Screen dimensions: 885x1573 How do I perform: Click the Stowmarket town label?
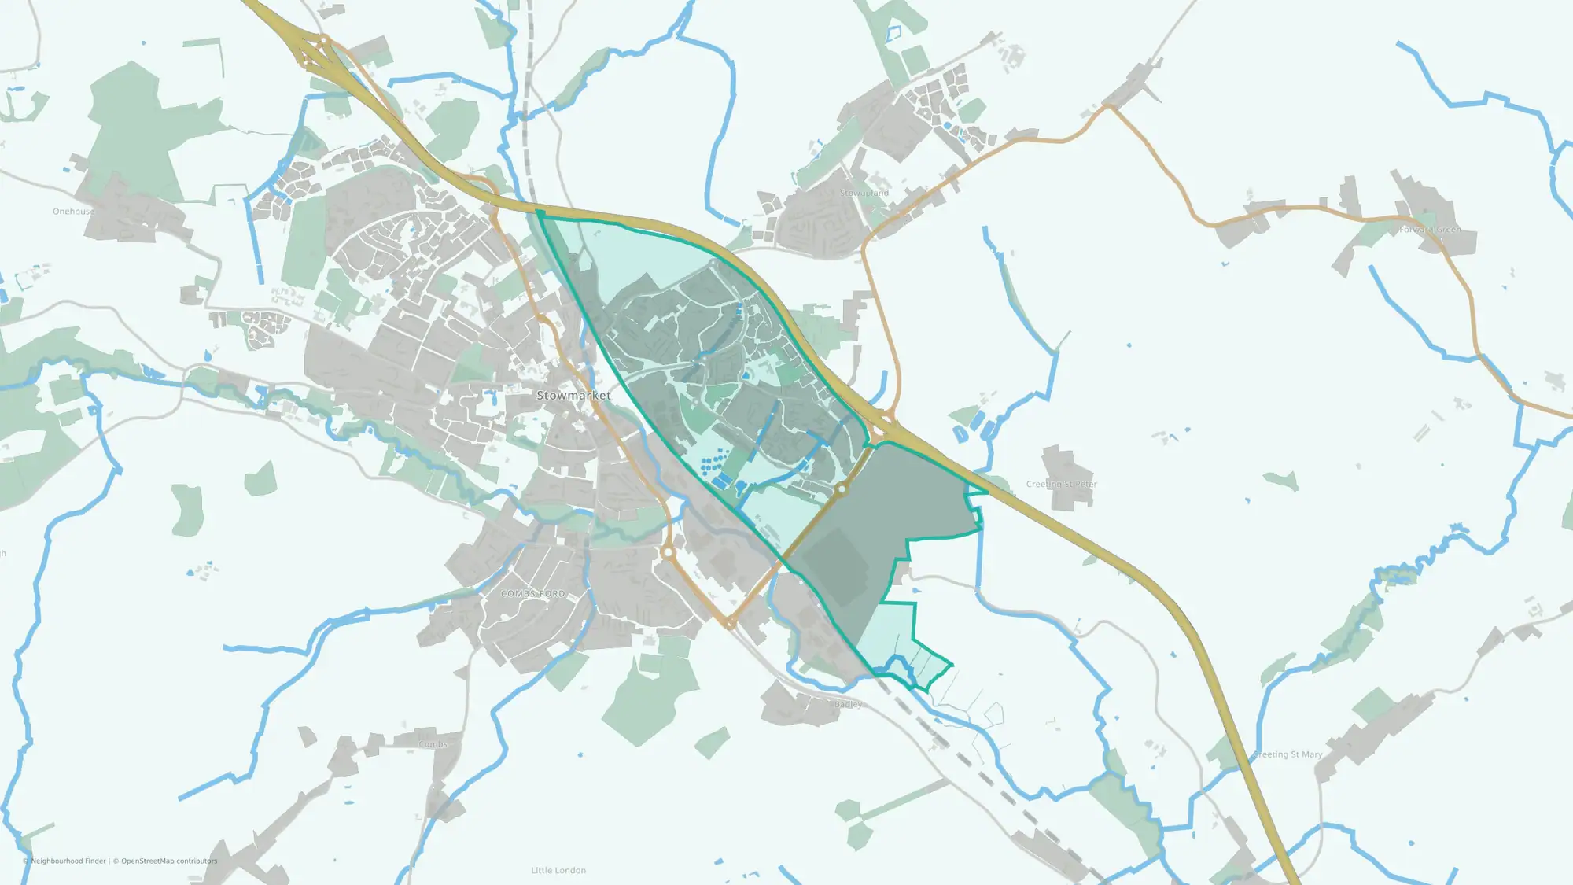(573, 396)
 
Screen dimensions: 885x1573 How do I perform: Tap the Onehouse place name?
(73, 212)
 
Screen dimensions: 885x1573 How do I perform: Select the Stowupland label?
(864, 193)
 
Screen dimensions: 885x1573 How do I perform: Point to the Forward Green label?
(1430, 230)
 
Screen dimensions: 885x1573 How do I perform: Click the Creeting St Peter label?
(1061, 485)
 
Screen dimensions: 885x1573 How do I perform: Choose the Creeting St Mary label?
(1288, 754)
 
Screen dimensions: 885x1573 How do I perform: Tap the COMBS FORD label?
(533, 594)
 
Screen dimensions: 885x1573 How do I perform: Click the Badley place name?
(848, 705)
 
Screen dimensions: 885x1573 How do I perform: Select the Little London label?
(558, 870)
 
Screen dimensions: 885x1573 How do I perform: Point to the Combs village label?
(433, 744)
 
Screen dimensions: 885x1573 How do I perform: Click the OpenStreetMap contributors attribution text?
(169, 861)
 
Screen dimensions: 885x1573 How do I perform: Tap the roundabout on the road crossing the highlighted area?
(842, 489)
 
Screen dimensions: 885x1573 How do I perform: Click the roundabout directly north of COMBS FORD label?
(668, 553)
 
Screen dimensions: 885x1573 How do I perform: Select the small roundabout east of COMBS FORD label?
(731, 624)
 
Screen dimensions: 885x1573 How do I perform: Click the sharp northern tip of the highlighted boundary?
(540, 212)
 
